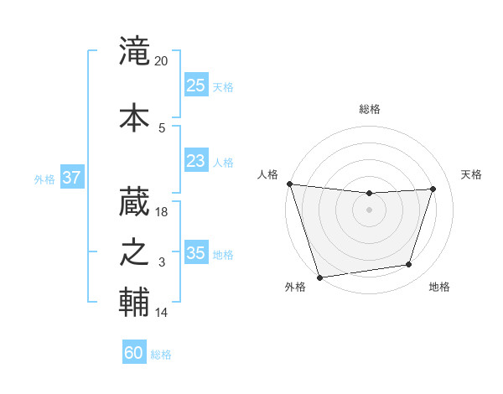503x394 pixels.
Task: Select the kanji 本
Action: point(134,116)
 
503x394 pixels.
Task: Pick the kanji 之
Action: point(134,252)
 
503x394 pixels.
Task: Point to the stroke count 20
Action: point(161,61)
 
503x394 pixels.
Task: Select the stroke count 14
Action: point(162,313)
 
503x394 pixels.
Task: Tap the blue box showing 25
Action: point(195,85)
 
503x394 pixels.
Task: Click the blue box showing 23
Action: point(195,161)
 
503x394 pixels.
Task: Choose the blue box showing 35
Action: point(195,253)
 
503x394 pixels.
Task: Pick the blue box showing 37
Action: point(71,178)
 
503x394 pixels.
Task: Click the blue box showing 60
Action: point(134,353)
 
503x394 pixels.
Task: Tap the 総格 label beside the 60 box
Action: point(161,355)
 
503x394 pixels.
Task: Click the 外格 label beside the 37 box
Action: point(44,179)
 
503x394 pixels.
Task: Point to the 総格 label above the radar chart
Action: point(370,109)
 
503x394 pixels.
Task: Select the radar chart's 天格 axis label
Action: point(471,174)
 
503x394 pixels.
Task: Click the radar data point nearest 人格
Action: point(289,184)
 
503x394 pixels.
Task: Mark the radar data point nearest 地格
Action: point(409,265)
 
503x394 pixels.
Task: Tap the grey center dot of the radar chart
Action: point(369,210)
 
